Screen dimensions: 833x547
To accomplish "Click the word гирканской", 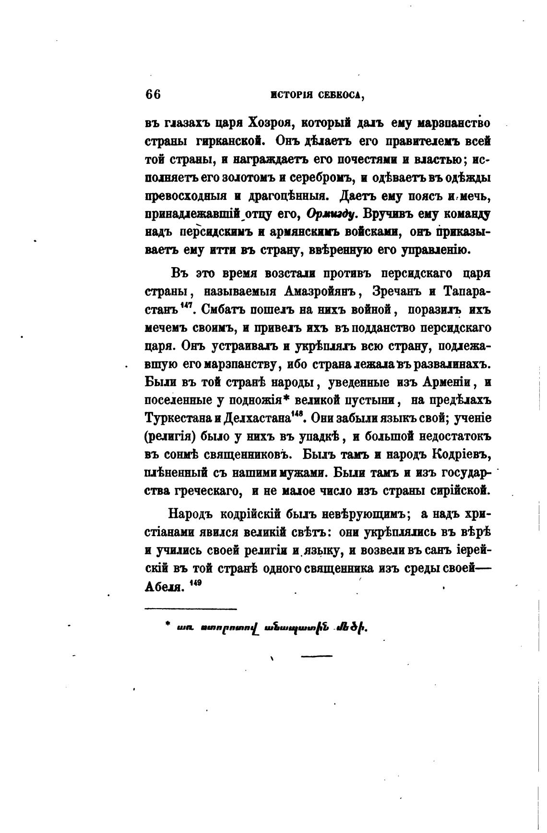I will coord(231,141).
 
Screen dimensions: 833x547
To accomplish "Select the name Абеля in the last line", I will coord(164,588).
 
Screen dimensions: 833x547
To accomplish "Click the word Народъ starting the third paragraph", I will coord(190,514).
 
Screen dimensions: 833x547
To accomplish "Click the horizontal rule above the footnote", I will coord(190,609).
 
